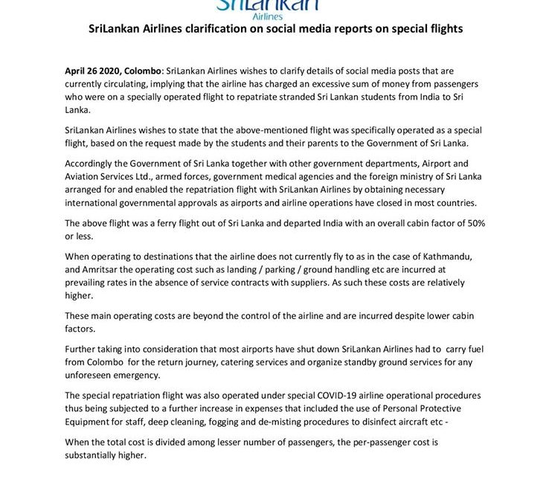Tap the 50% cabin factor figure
pyautogui.click(x=474, y=223)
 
